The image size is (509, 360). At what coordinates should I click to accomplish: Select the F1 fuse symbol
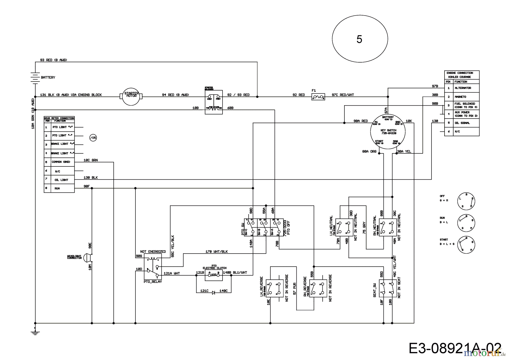click(x=318, y=97)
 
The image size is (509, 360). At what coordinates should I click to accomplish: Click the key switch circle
click(x=388, y=132)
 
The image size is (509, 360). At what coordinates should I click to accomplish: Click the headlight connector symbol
click(x=88, y=257)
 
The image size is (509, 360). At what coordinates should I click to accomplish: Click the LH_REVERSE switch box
click(x=275, y=288)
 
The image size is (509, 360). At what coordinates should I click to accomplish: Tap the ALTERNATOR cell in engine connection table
click(x=466, y=88)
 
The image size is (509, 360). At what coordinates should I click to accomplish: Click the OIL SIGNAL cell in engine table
click(x=466, y=123)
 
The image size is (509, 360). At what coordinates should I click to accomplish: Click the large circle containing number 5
click(x=359, y=39)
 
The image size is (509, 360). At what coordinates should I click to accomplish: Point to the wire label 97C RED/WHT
click(x=343, y=95)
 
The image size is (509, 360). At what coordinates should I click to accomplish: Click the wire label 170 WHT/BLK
click(x=216, y=251)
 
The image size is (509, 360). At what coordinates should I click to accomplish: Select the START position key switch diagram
click(x=466, y=245)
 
